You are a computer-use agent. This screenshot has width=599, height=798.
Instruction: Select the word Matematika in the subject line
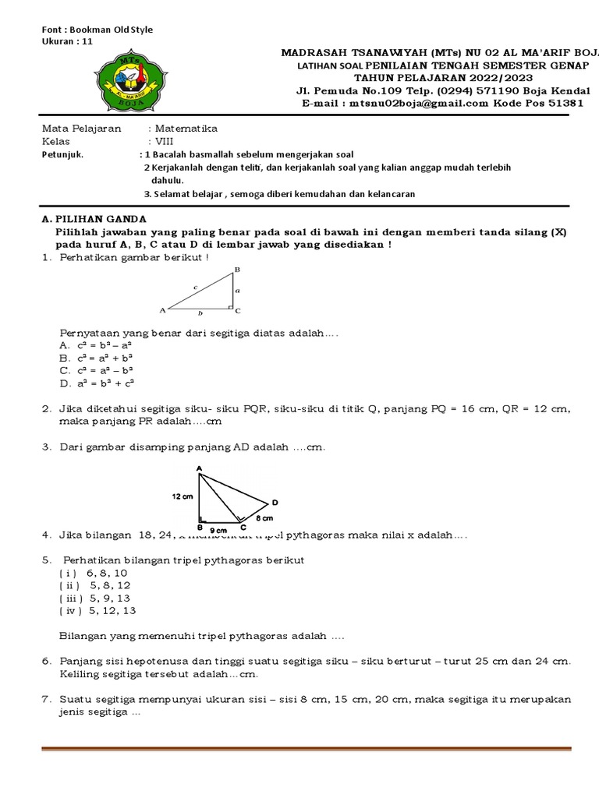point(186,129)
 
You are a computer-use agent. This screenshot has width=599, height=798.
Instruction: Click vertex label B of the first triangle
point(237,270)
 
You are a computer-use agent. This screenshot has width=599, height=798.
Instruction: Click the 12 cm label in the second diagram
point(182,496)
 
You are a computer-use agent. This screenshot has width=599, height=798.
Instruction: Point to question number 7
point(47,699)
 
